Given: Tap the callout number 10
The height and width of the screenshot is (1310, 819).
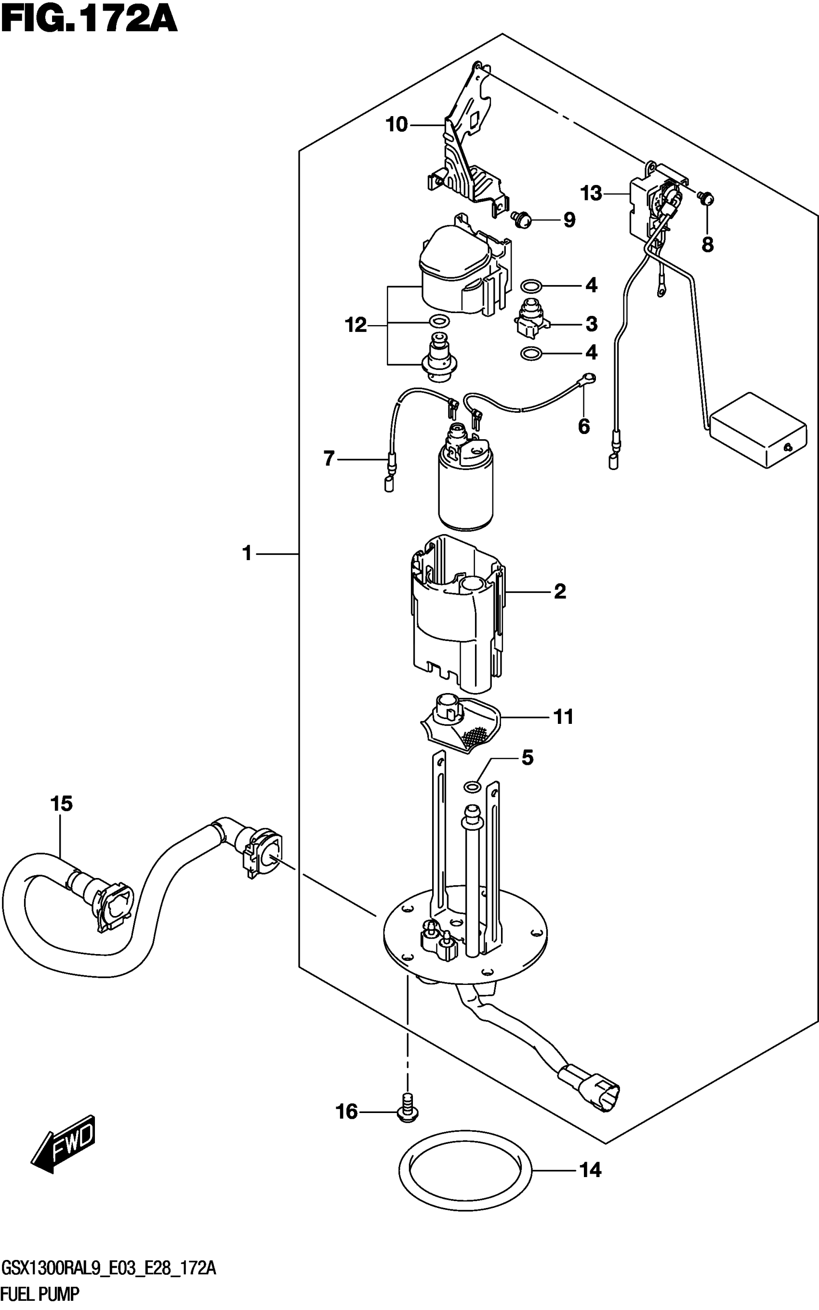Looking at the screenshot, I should (x=396, y=125).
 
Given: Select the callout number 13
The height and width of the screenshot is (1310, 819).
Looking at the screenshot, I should (x=591, y=193).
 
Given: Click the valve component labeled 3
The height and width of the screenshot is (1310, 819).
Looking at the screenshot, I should (x=530, y=319).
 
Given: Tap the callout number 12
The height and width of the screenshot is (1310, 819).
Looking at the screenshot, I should (x=356, y=326).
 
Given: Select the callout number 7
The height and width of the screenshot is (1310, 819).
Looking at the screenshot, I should (x=329, y=459).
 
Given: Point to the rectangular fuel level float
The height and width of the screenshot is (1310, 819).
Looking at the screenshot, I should (x=758, y=431).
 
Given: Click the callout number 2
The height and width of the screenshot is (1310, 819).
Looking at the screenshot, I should (x=560, y=591).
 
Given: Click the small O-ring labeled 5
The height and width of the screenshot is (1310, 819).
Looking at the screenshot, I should (x=472, y=786).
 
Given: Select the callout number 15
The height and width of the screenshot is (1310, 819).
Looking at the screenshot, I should (x=62, y=804).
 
